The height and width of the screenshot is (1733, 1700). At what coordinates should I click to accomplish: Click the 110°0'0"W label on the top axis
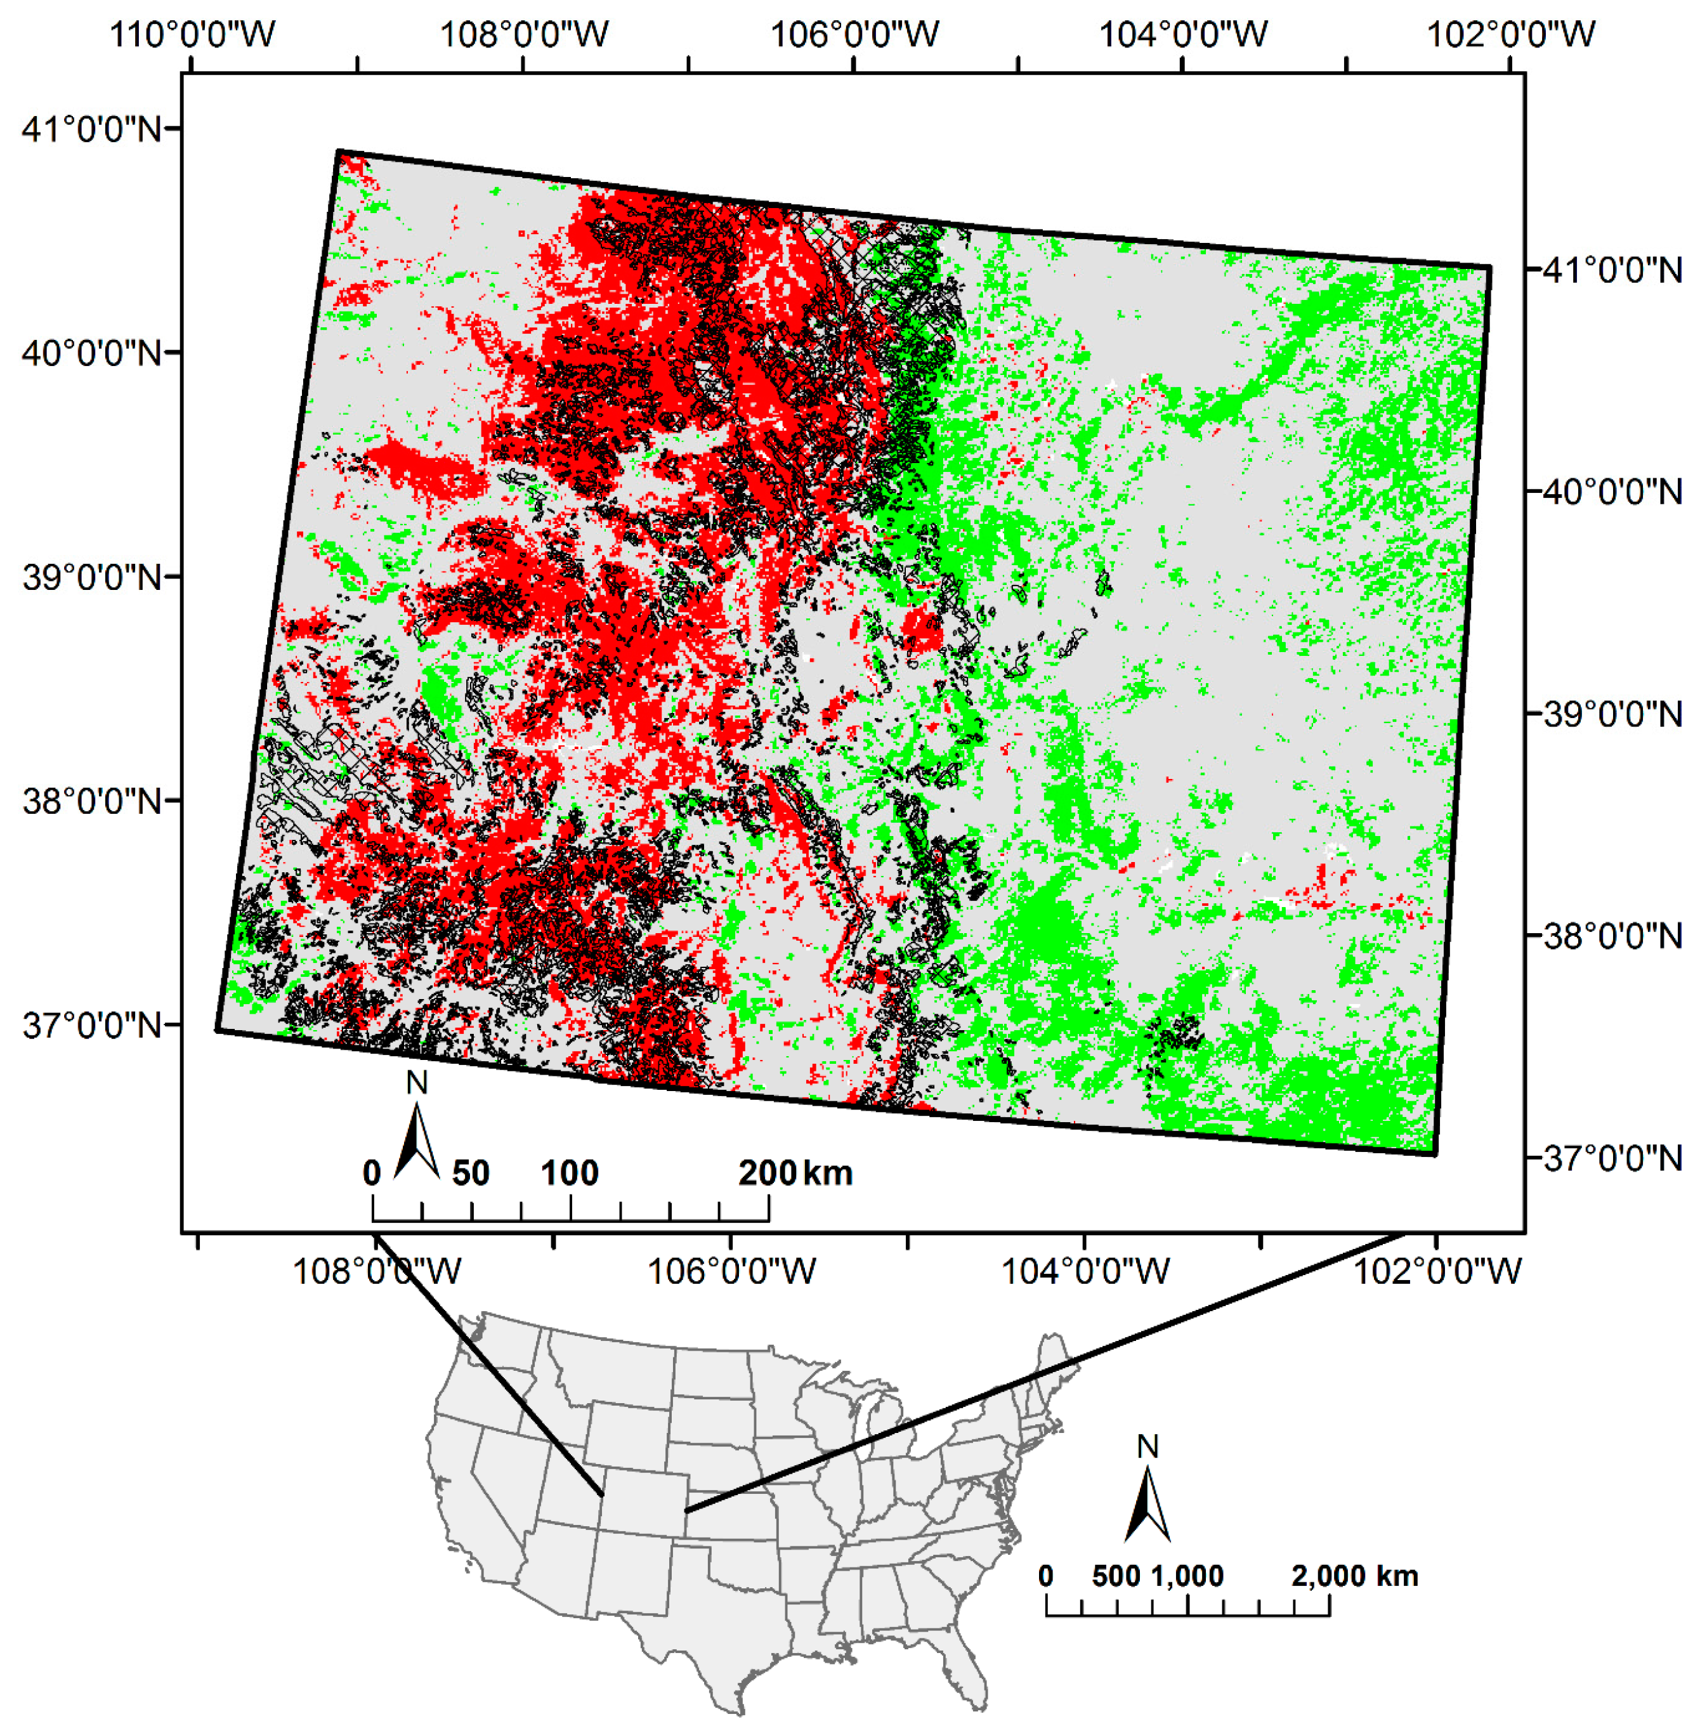pyautogui.click(x=192, y=34)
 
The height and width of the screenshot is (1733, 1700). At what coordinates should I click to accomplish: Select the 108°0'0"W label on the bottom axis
pyautogui.click(x=377, y=1269)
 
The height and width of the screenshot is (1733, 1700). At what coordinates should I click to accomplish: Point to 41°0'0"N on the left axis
pyautogui.click(x=92, y=129)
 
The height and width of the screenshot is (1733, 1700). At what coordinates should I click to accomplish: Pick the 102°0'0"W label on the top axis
pyautogui.click(x=1511, y=34)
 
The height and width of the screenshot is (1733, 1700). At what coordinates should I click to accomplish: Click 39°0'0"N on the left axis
pyautogui.click(x=92, y=577)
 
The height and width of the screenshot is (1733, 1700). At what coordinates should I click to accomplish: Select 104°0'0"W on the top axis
pyautogui.click(x=1182, y=34)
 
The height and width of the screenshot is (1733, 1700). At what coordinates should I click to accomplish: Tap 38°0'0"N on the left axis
pyautogui.click(x=92, y=801)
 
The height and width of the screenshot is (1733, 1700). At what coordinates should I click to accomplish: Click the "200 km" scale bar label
pyautogui.click(x=795, y=1172)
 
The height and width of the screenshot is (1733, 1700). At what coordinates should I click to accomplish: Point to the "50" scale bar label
pyautogui.click(x=471, y=1172)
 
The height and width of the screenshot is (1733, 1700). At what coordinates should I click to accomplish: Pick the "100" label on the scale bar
pyautogui.click(x=570, y=1172)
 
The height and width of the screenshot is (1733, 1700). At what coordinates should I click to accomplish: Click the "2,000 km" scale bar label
pyautogui.click(x=1354, y=1576)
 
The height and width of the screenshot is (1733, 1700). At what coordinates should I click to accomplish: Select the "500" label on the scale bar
pyautogui.click(x=1116, y=1576)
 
